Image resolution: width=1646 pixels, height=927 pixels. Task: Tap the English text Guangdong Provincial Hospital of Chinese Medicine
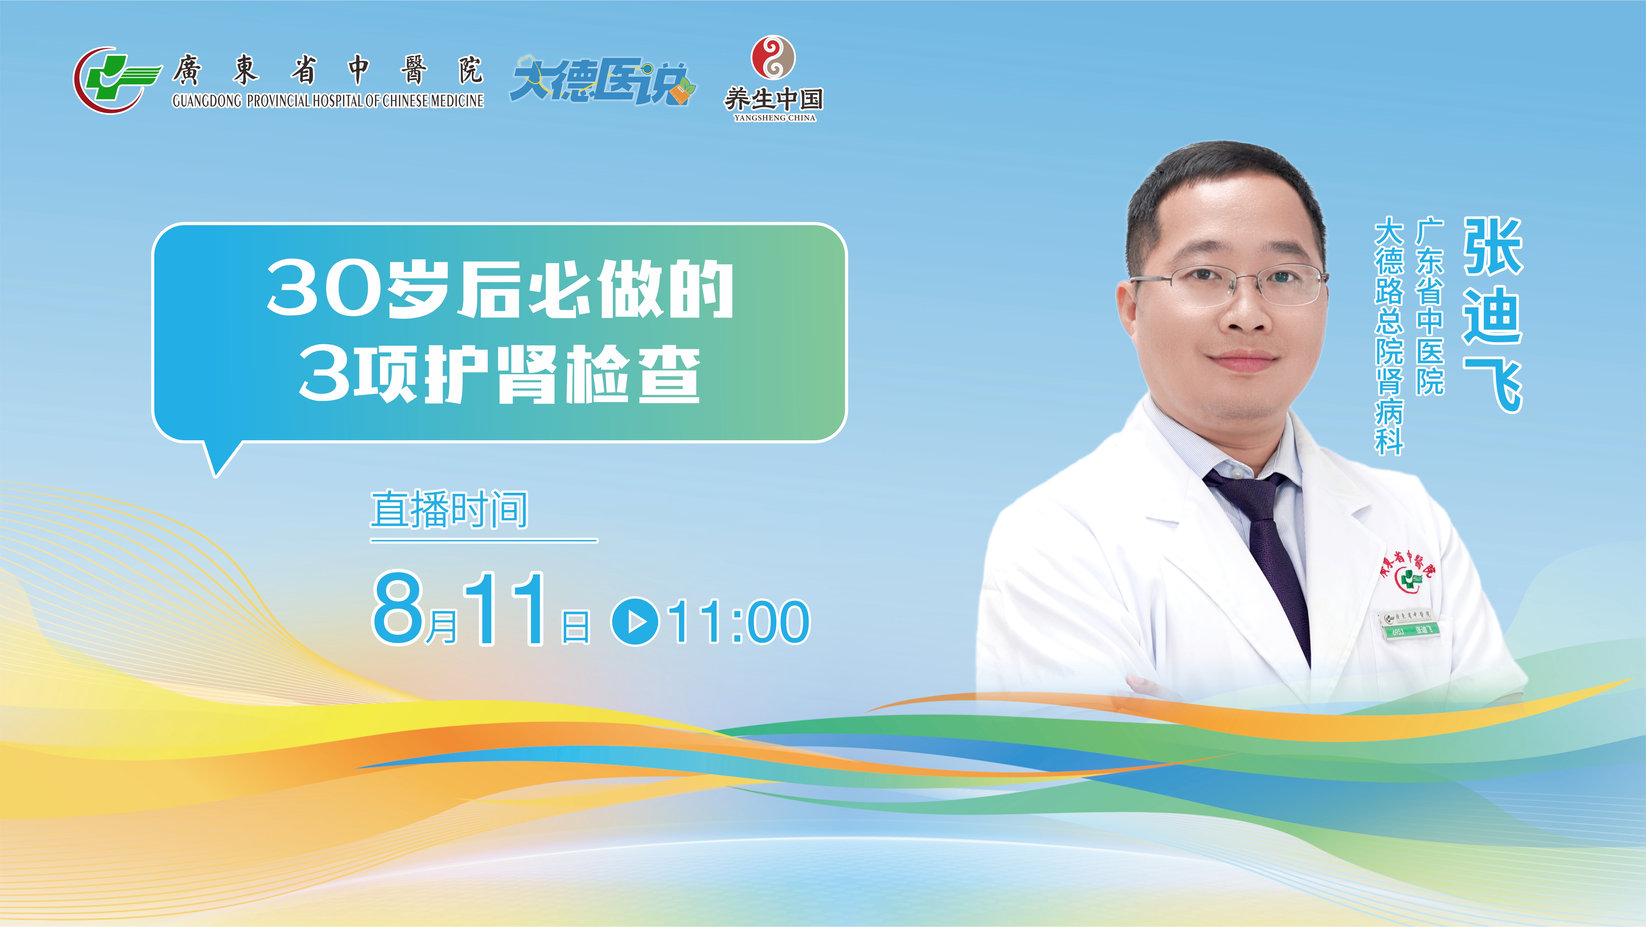click(328, 101)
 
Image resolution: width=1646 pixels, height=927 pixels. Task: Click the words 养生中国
click(773, 99)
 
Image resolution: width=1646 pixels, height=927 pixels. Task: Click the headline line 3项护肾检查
click(500, 374)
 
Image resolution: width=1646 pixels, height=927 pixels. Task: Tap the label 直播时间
click(449, 509)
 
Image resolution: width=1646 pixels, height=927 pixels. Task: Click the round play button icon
click(635, 621)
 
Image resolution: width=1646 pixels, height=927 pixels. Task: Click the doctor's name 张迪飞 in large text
click(1493, 315)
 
